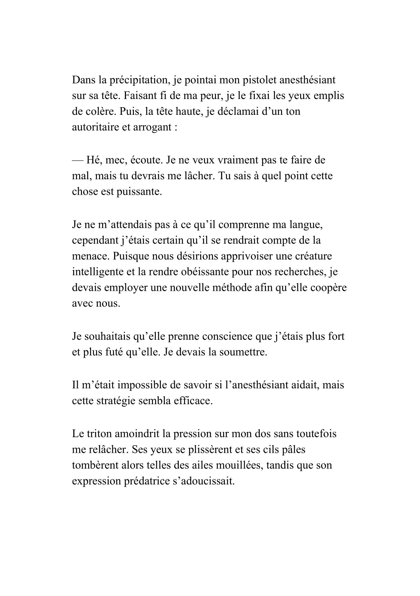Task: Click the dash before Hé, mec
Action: pyautogui.click(x=77, y=160)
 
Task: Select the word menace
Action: pyautogui.click(x=90, y=256)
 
